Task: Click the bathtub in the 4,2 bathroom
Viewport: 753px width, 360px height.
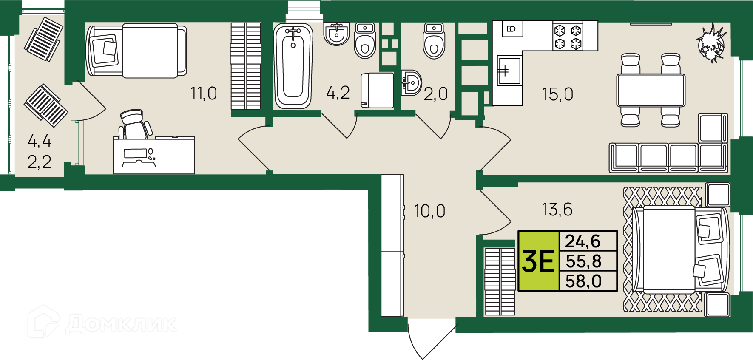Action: [293, 66]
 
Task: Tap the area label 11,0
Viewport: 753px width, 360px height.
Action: [204, 93]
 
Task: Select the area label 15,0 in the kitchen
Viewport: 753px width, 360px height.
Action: [557, 94]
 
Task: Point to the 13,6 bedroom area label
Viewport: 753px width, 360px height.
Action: [557, 209]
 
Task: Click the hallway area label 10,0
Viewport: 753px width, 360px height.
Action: [429, 211]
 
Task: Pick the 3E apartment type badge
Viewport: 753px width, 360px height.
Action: [538, 261]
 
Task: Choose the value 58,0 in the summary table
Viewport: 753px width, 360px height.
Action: [583, 281]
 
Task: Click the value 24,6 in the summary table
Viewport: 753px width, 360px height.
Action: [583, 241]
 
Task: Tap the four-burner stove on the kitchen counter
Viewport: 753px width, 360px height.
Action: [568, 37]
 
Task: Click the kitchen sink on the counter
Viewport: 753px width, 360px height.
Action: [509, 71]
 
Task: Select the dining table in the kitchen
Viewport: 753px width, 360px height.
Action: [651, 90]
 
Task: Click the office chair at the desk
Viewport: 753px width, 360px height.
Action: [135, 124]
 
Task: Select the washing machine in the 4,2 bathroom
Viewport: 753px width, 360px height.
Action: [377, 91]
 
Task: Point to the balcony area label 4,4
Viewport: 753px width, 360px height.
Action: [39, 140]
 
